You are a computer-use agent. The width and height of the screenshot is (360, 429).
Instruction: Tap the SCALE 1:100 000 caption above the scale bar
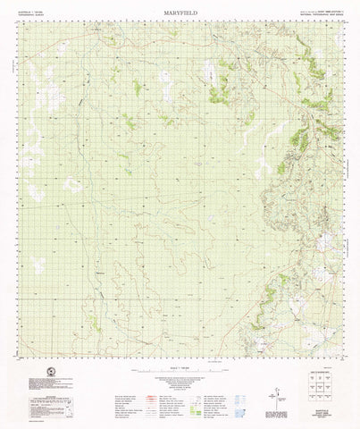(179, 359)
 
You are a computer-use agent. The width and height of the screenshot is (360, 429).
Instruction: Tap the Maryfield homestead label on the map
(99, 271)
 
